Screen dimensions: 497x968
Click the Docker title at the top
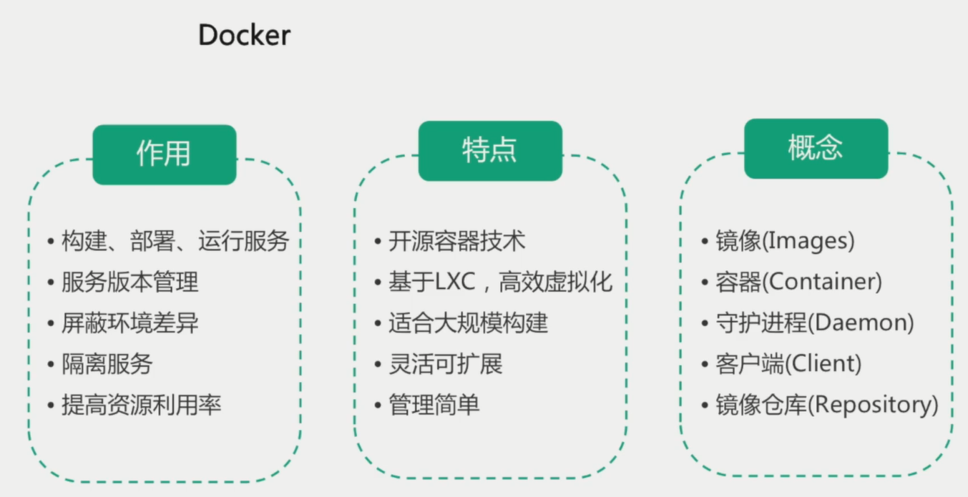(244, 35)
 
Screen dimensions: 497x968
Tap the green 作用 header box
(164, 154)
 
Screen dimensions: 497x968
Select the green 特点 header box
(490, 150)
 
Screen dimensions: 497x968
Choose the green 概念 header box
(816, 148)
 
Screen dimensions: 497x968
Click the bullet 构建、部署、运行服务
(175, 242)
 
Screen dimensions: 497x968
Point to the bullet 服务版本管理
(129, 282)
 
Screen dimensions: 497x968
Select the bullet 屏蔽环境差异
(129, 323)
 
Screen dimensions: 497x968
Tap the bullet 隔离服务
(107, 365)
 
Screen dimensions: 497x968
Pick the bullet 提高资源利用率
(141, 405)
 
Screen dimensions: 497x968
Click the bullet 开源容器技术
(456, 242)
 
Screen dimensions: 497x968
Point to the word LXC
(455, 282)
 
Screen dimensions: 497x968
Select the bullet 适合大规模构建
(468, 323)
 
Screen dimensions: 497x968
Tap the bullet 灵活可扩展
(445, 365)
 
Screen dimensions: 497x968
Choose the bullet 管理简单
(434, 405)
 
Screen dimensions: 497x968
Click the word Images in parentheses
(808, 242)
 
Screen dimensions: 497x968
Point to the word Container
(822, 282)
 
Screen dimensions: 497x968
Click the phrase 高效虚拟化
(556, 282)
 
